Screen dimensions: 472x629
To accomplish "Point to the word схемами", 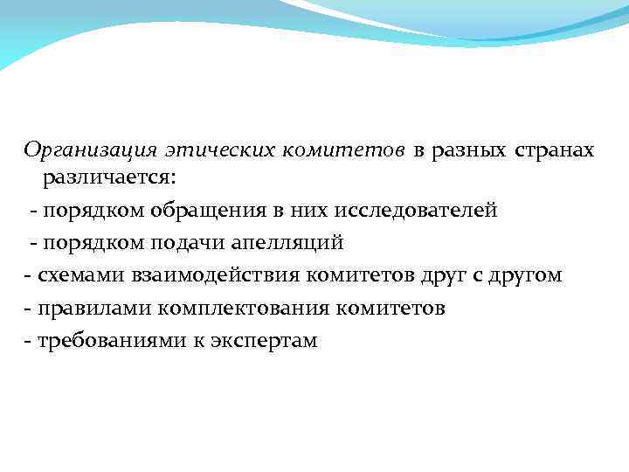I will click(79, 275).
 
